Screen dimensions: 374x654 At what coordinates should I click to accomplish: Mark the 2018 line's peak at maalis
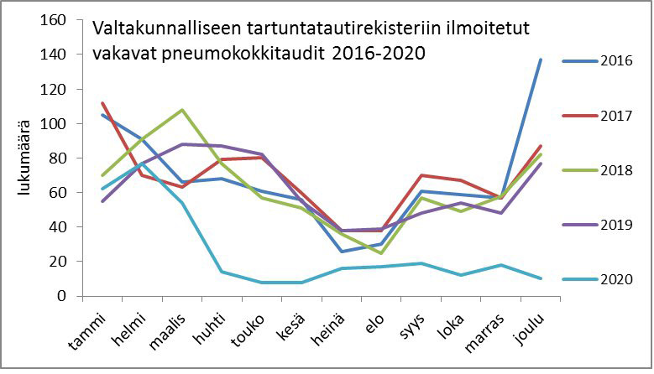(x=183, y=110)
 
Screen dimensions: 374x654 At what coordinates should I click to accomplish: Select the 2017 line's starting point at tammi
(x=102, y=103)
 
